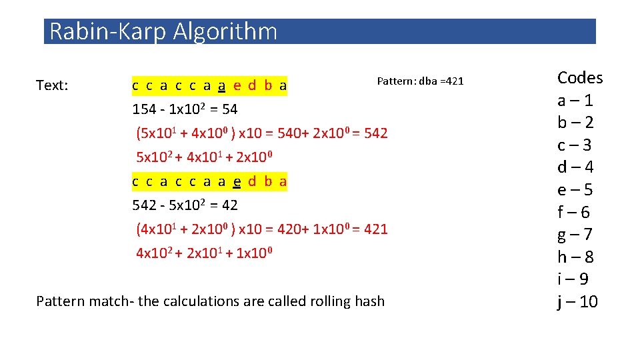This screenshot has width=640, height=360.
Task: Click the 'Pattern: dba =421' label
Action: tap(420, 81)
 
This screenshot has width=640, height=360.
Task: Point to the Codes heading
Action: tap(580, 78)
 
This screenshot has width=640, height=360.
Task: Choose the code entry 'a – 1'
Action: tap(575, 101)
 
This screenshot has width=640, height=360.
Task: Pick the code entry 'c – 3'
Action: tap(575, 145)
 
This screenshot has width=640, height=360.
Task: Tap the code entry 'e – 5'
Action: tap(575, 190)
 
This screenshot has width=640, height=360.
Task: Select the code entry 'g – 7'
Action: tap(575, 235)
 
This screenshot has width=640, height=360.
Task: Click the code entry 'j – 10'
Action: tap(578, 302)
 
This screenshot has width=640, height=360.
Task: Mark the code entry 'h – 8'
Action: tap(575, 257)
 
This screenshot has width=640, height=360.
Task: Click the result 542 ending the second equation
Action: tap(376, 133)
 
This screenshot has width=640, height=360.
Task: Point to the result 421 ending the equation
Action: tap(376, 229)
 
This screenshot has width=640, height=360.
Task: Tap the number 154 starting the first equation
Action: tap(143, 109)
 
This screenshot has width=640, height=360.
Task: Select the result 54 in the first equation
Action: tap(229, 109)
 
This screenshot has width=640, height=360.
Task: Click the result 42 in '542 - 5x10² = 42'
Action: tap(229, 205)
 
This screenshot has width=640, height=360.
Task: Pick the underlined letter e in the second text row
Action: tap(237, 181)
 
